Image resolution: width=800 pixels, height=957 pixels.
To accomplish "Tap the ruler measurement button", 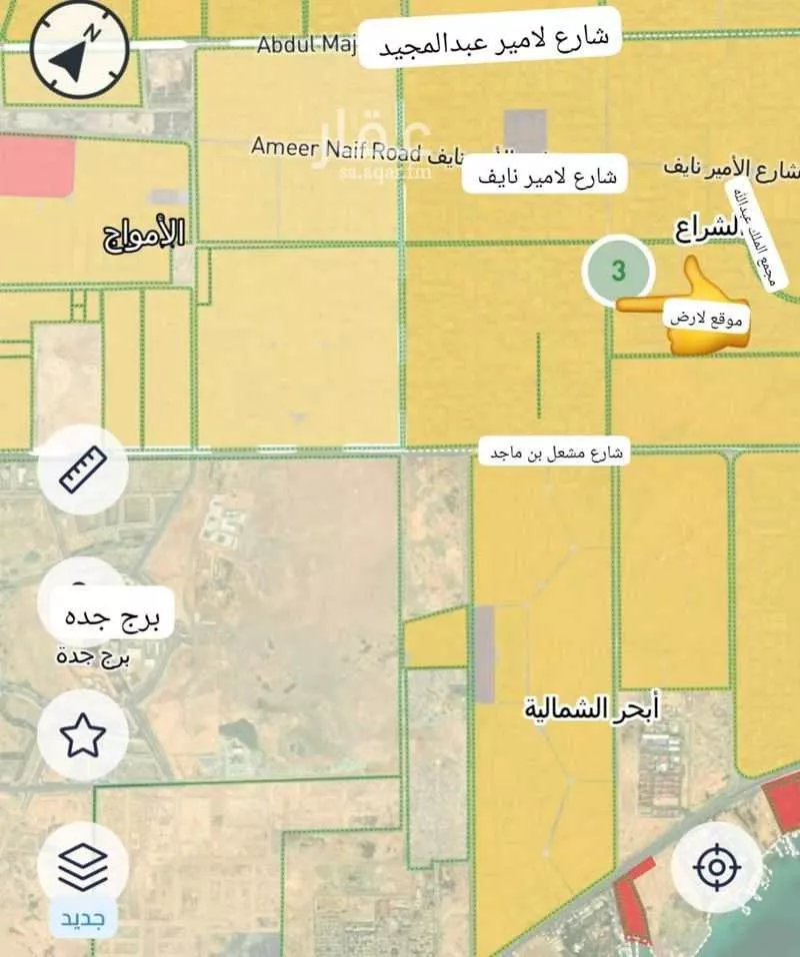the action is pos(83,469).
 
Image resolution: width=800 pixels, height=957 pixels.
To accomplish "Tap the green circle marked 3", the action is pos(619,271).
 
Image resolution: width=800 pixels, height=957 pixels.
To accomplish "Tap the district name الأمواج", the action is pos(145,235).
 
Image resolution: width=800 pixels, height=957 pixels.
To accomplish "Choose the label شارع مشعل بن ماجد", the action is pos(555,453).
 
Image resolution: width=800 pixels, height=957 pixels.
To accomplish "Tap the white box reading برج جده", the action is pos(110,615).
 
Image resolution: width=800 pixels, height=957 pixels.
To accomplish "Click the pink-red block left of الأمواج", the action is pos(37,167).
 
